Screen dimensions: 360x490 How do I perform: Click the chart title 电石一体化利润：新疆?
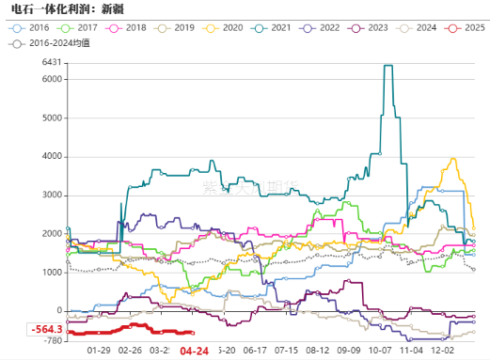[x=65, y=9]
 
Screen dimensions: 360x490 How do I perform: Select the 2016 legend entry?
[x=34, y=28]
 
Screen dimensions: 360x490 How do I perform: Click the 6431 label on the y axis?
[x=53, y=63]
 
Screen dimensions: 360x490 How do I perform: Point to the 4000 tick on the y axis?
[x=53, y=156]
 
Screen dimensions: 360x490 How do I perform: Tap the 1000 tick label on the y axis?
[x=53, y=273]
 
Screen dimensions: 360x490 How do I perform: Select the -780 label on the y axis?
[x=53, y=340]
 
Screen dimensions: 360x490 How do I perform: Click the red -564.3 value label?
[x=45, y=329]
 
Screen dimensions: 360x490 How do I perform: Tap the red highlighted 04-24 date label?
[x=194, y=350]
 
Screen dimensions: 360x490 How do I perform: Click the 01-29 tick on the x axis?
[x=100, y=349]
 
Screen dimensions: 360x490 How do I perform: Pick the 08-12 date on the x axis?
[x=317, y=349]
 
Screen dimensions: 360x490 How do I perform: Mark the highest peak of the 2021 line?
[x=388, y=66]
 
